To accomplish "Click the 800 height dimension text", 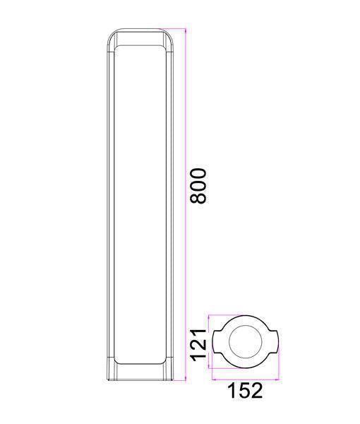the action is pyautogui.click(x=198, y=185).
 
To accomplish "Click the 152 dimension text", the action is pyautogui.click(x=245, y=391).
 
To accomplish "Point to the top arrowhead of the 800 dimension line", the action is pyautogui.click(x=186, y=30).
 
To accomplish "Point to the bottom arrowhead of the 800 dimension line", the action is pyautogui.click(x=186, y=378).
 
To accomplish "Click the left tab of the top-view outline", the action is pyautogui.click(x=217, y=341).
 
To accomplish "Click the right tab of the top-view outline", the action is pyautogui.click(x=274, y=341).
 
